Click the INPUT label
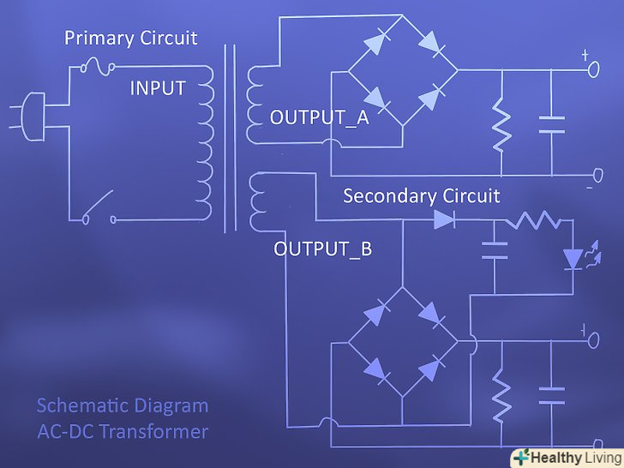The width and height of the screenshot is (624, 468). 157,88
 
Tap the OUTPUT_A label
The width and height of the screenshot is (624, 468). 319,117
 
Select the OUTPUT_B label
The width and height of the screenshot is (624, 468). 322,249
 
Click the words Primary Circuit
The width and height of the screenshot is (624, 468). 131,39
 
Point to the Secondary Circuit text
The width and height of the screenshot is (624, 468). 421,195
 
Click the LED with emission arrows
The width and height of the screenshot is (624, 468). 572,257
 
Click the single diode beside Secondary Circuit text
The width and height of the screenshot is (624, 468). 444,219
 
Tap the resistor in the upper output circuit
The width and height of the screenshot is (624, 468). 501,126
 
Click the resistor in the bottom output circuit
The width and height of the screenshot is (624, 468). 501,395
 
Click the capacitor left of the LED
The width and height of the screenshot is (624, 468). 495,249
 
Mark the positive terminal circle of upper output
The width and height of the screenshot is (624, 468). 592,71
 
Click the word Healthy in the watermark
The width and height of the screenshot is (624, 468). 547,457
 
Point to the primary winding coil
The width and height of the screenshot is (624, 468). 204,142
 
